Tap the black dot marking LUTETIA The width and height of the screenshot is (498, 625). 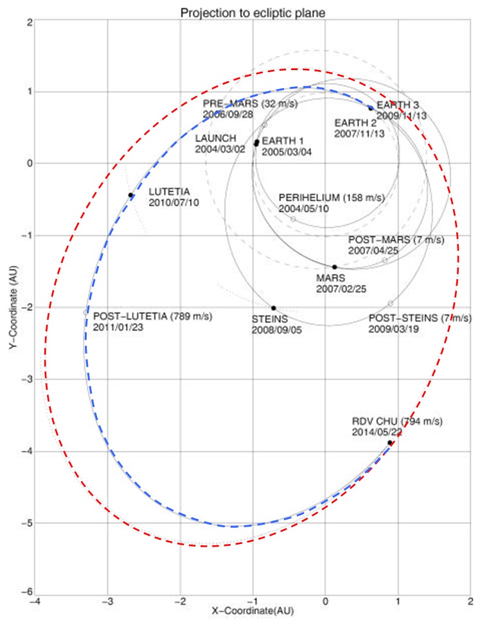pos(130,195)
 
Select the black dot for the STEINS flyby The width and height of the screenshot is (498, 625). pos(274,308)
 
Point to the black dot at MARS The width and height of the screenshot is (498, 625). pos(335,267)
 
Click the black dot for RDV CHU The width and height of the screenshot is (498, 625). pos(389,443)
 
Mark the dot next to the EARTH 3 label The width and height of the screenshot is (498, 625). pos(371,107)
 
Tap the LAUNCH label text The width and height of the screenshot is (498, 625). pos(216,138)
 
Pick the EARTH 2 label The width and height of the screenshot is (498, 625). pos(355,122)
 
